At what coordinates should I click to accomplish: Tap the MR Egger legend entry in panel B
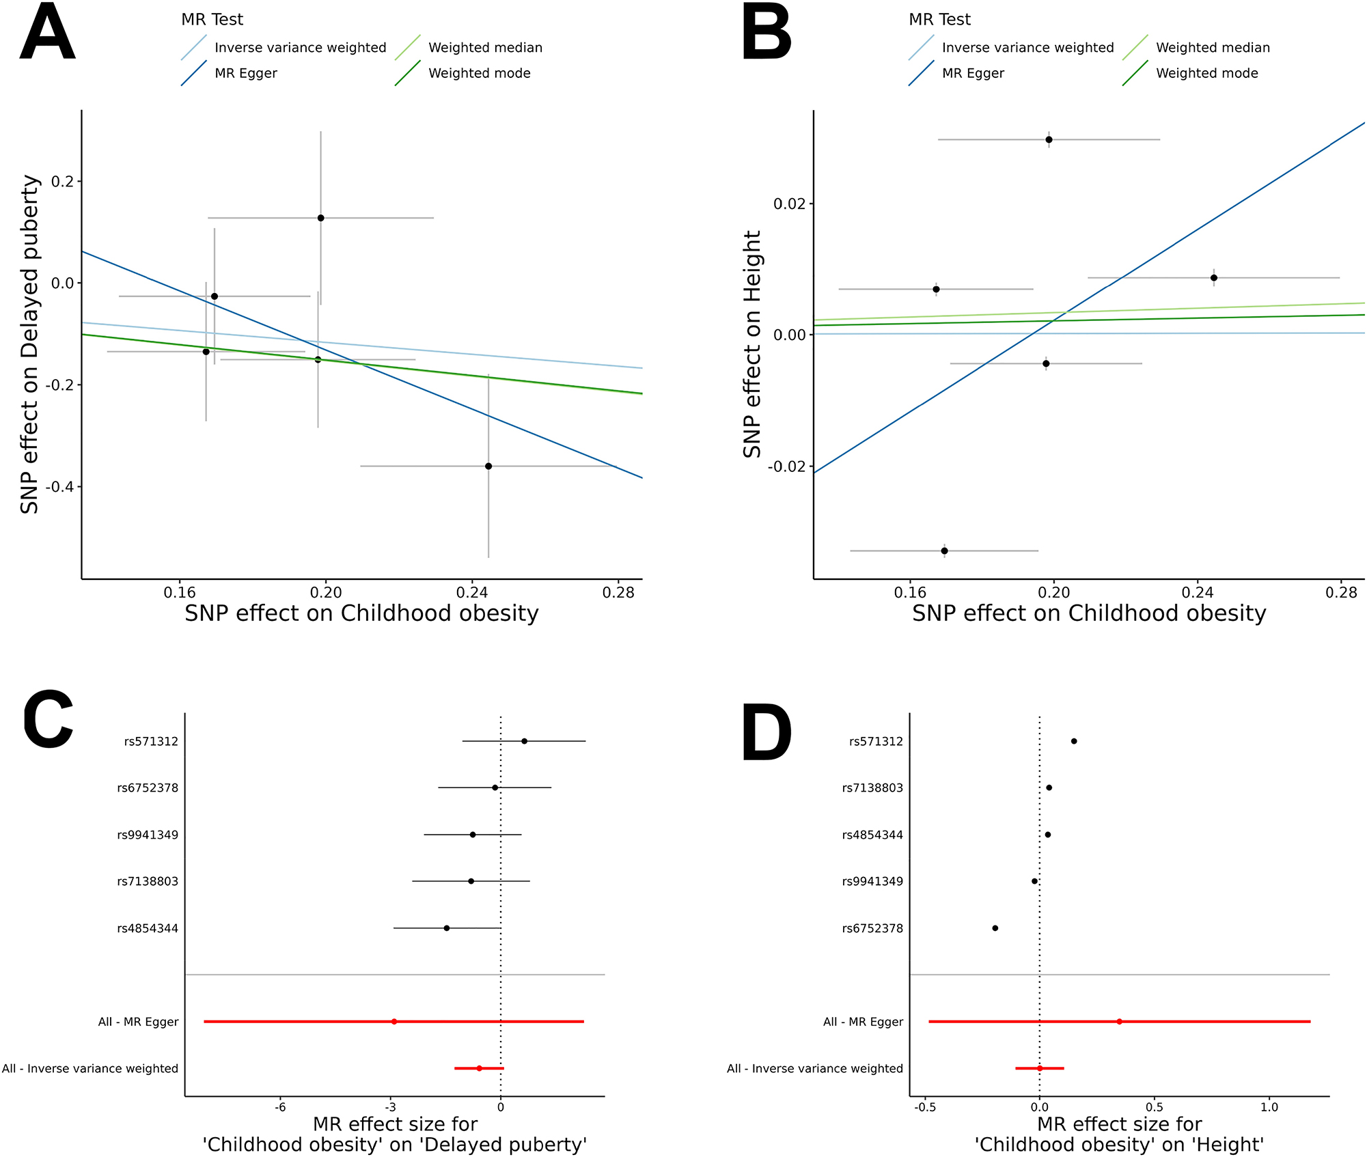(972, 73)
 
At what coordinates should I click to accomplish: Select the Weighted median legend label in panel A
(485, 48)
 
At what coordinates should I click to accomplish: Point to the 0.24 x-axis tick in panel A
(472, 593)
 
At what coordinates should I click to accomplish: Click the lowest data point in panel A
(488, 466)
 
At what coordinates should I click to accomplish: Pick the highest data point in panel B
(1049, 140)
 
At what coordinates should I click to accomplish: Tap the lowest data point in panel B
(944, 550)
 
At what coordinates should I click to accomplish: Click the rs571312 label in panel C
(151, 742)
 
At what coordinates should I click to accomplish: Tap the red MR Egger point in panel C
(394, 1022)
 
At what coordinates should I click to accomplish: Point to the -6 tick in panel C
(280, 1107)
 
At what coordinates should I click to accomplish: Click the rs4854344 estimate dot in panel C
(447, 928)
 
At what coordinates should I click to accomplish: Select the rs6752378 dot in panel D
(995, 928)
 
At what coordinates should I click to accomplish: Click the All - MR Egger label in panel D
(863, 1022)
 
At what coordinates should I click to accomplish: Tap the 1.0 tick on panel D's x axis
(1269, 1107)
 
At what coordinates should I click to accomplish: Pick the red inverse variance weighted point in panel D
(1040, 1068)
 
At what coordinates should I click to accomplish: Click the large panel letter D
(767, 733)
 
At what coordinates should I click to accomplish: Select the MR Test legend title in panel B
(939, 20)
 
